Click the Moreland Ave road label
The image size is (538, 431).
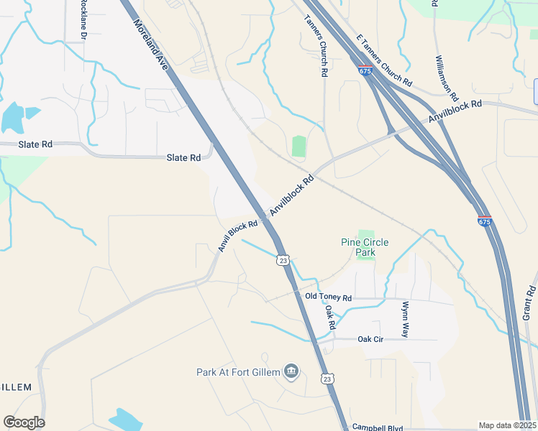(x=150, y=44)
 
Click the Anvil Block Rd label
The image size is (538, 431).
(x=237, y=236)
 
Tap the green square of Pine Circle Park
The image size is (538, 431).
(x=366, y=235)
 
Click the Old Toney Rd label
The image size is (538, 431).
(x=328, y=297)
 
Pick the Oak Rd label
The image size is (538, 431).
(x=330, y=317)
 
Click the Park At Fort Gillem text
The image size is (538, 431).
(x=238, y=372)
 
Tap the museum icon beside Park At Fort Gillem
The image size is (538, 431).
(x=291, y=371)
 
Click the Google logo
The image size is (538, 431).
(x=24, y=422)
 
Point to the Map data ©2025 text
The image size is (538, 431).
(x=507, y=425)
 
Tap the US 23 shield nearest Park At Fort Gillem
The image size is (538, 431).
(x=327, y=379)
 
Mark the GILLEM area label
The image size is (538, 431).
(x=16, y=387)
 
